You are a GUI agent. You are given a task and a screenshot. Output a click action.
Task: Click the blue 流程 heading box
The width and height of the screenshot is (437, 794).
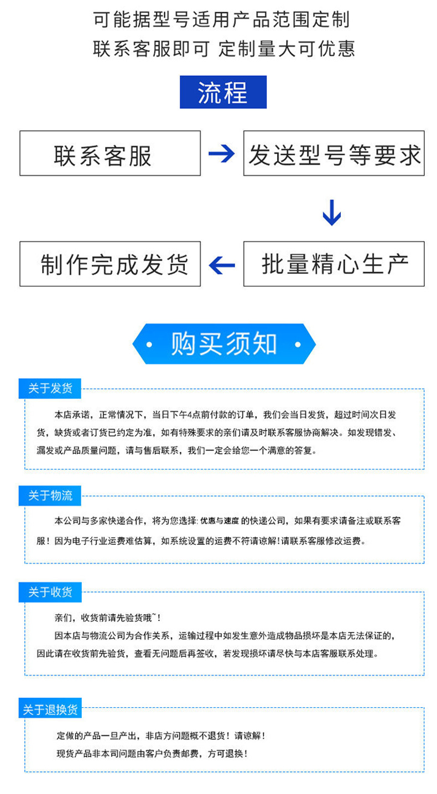(223, 92)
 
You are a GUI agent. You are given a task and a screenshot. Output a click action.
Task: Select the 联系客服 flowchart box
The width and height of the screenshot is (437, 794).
(110, 153)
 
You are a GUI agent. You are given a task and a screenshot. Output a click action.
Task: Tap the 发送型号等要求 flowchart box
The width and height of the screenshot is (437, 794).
(334, 153)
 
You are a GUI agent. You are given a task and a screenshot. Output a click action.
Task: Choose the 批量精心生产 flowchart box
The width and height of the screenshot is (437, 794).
(334, 264)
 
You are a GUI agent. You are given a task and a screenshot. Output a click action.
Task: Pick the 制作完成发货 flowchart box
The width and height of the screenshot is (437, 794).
(110, 264)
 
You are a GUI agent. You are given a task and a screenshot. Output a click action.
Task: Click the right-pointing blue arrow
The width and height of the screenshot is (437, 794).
(222, 153)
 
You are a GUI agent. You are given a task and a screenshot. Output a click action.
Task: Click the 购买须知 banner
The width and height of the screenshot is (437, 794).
(223, 344)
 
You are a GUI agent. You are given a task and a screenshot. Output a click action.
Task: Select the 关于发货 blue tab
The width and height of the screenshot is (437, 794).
(50, 388)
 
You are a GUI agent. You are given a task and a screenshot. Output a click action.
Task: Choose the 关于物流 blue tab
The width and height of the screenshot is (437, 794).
(50, 495)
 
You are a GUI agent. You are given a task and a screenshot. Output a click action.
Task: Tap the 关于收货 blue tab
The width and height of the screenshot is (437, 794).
(50, 592)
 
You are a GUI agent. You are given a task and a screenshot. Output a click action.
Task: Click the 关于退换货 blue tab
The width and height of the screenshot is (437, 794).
(50, 708)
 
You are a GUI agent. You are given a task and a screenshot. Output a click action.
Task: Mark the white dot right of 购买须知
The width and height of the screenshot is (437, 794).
(298, 344)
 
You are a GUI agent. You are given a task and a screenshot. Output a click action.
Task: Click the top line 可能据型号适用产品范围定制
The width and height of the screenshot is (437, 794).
(222, 20)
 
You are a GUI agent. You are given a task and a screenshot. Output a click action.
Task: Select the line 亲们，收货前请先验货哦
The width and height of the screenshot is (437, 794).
(107, 618)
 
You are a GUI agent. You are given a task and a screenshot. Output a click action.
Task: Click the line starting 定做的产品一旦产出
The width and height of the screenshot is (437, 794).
(160, 736)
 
